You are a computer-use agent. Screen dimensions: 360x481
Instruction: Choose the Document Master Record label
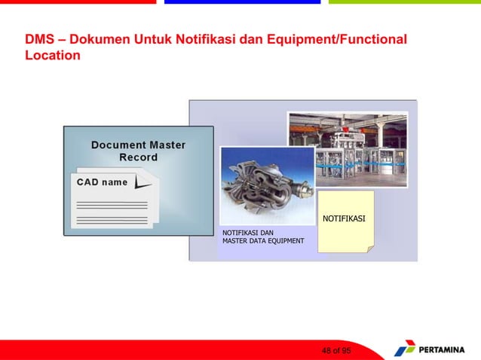point(138,151)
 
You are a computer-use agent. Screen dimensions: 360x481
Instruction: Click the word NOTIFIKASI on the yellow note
point(344,218)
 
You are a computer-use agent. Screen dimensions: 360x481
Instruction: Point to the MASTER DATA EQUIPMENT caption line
point(263,241)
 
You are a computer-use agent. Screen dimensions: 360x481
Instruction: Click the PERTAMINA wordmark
point(446,350)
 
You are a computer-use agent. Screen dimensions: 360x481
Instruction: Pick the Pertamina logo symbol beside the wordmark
point(404,349)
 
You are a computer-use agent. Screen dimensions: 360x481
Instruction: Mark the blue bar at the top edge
point(241,2)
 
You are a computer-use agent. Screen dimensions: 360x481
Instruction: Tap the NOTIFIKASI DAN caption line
point(247,232)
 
